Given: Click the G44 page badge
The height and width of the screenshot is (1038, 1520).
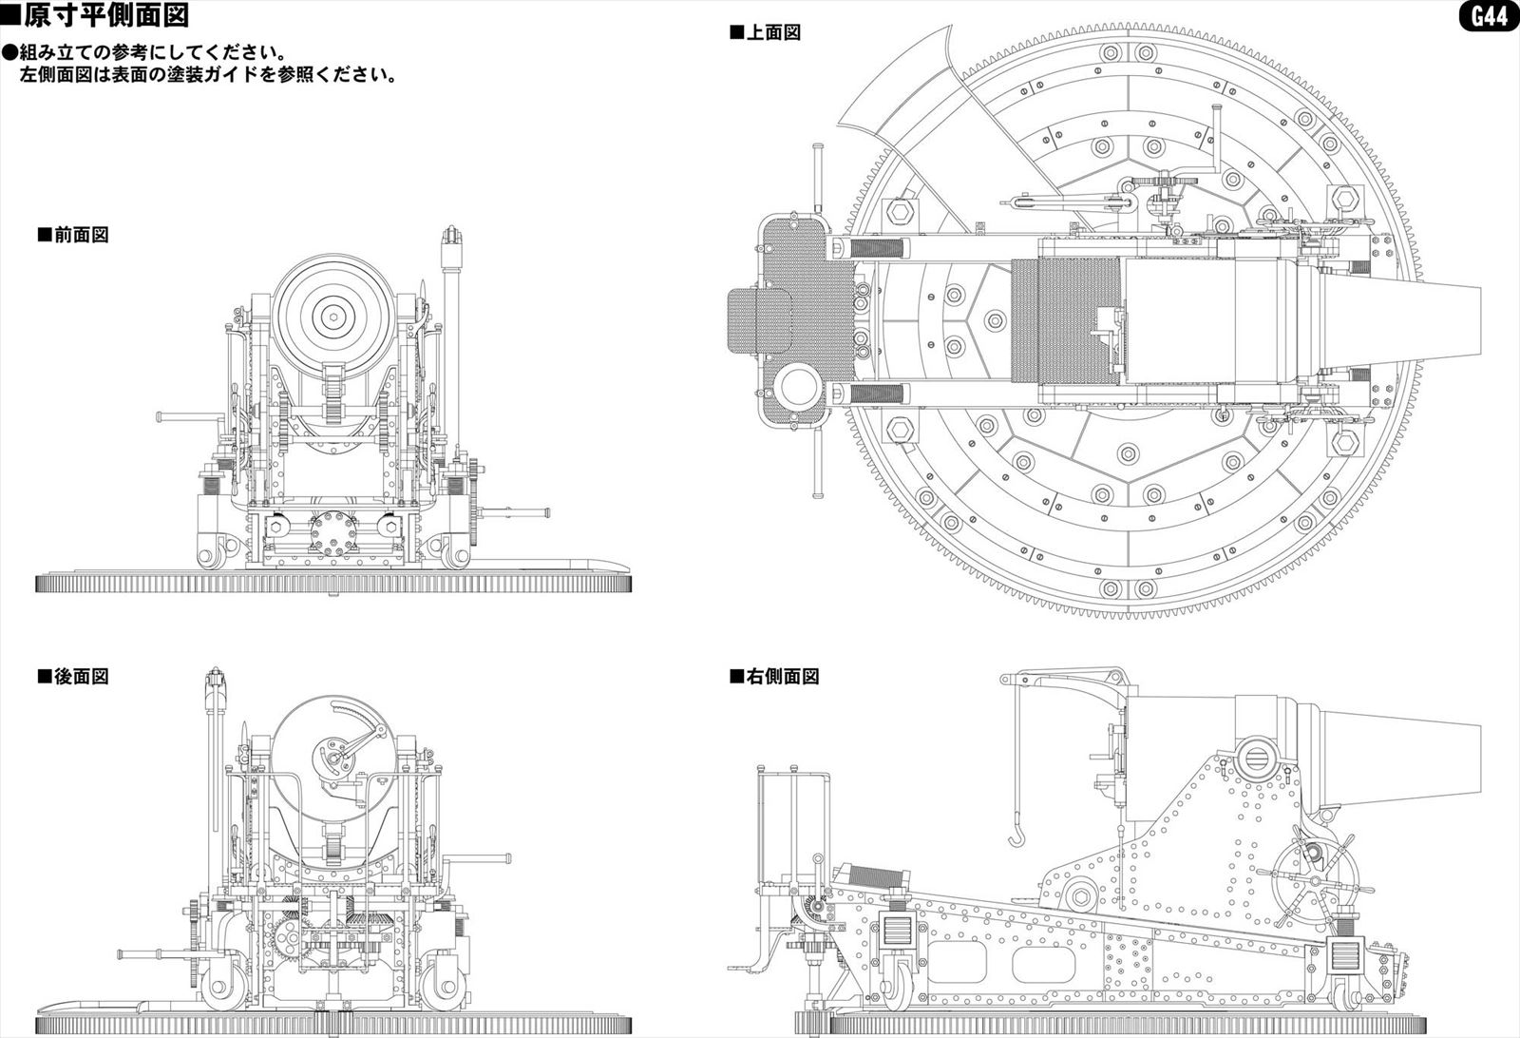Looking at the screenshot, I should (x=1489, y=17).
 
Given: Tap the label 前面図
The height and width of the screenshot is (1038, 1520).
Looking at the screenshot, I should (x=73, y=235).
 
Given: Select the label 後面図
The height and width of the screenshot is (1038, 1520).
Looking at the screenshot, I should (x=73, y=677).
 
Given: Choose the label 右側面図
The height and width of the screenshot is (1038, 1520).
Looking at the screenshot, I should (x=774, y=677).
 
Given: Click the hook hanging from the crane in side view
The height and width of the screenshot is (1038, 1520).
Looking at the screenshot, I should (x=1017, y=837).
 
